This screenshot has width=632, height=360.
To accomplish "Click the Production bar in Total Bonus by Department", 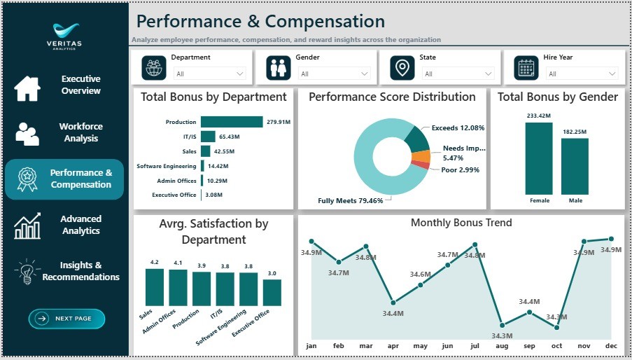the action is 232,122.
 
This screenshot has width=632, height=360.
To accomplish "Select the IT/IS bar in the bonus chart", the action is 208,137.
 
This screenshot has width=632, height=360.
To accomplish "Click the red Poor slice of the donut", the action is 421,165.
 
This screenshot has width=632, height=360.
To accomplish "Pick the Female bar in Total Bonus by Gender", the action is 539,158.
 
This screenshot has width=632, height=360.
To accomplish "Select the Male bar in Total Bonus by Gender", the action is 575,167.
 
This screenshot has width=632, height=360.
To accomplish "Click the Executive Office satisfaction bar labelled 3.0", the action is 272,293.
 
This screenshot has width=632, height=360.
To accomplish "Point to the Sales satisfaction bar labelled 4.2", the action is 155,287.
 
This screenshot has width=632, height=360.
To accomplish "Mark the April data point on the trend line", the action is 393,303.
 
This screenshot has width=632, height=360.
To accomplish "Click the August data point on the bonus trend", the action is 503,325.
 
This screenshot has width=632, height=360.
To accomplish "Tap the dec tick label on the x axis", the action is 611,346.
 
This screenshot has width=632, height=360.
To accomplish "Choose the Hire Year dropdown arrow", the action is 612,74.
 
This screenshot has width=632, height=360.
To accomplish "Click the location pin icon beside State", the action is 402,68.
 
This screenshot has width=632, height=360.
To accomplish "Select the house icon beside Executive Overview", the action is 27,88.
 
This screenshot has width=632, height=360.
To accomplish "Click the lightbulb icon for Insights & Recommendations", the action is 27,272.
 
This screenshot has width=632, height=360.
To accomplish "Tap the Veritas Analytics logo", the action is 64,36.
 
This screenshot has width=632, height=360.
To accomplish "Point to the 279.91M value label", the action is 279,122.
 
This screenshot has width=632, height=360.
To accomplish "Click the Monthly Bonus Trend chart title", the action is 461,223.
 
